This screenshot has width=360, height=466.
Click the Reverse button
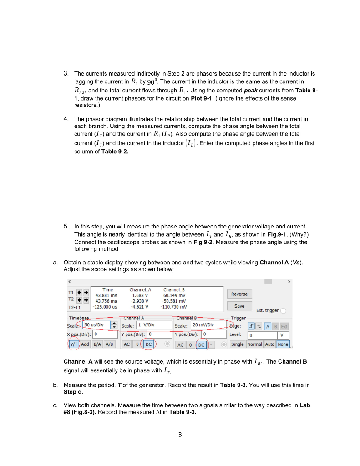pyautogui.click(x=239, y=294)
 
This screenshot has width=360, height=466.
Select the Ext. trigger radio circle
pyautogui.click(x=283, y=311)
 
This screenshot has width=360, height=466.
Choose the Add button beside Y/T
pyautogui.click(x=85, y=344)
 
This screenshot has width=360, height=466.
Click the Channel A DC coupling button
pyautogui.click(x=148, y=344)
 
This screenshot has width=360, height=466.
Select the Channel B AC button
pyautogui.click(x=181, y=344)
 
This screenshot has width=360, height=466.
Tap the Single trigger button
pyautogui.click(x=237, y=344)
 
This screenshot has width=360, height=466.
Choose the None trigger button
pyautogui.click(x=283, y=344)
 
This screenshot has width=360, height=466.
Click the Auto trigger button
pyautogui.click(x=270, y=344)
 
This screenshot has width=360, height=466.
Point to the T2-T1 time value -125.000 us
pyautogui.click(x=105, y=307)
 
